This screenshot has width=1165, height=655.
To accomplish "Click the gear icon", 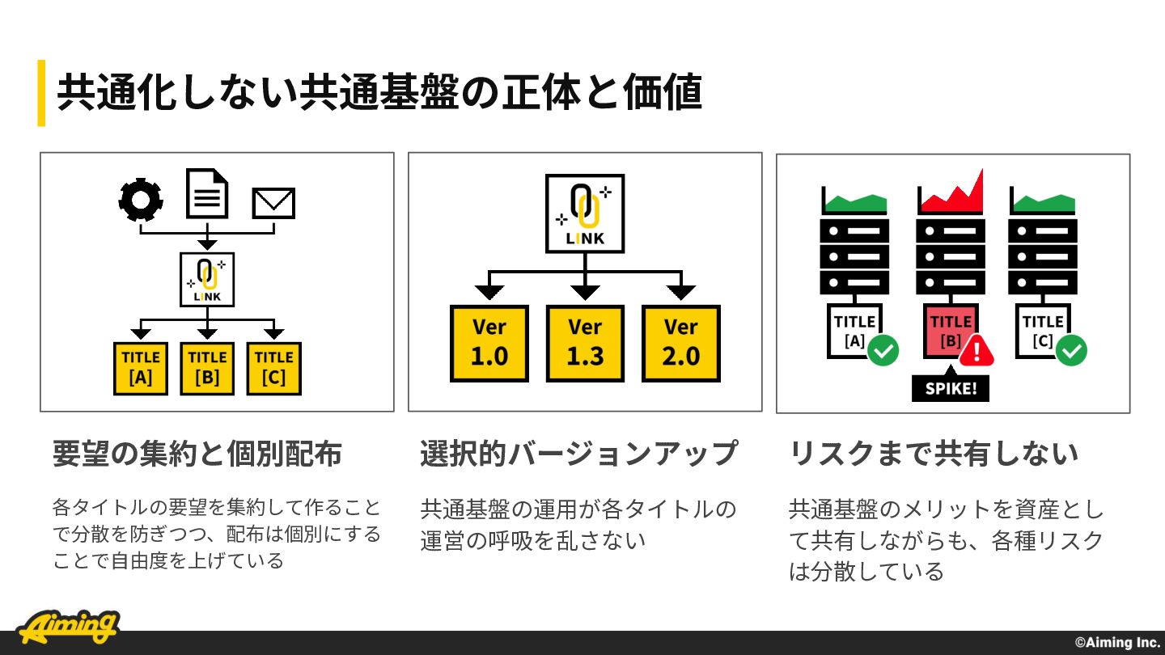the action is pyautogui.click(x=141, y=200).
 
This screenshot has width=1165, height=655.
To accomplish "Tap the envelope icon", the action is pyautogui.click(x=273, y=203).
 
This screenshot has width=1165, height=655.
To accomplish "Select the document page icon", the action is pyautogui.click(x=207, y=192).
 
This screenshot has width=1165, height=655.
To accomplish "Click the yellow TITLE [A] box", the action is pyautogui.click(x=141, y=369).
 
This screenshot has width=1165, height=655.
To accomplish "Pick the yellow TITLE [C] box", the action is pyautogui.click(x=274, y=369).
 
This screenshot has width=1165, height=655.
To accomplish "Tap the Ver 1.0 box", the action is pyautogui.click(x=489, y=344).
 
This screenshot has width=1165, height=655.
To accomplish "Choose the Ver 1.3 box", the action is pyautogui.click(x=585, y=344).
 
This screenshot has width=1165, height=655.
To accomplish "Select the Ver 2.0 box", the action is pyautogui.click(x=681, y=344).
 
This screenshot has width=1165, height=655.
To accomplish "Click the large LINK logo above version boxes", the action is pyautogui.click(x=585, y=213).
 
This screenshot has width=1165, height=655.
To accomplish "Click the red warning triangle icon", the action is pyautogui.click(x=976, y=350).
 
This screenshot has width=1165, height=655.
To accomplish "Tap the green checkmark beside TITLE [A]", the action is pyautogui.click(x=883, y=350).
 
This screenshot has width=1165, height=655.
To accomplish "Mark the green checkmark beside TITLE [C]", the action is pyautogui.click(x=1071, y=350).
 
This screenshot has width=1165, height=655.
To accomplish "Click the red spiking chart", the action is pyautogui.click(x=951, y=192).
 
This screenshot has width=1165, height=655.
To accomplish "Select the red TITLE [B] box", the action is pyautogui.click(x=951, y=332).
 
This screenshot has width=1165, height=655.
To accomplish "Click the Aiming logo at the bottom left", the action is pyautogui.click(x=68, y=627).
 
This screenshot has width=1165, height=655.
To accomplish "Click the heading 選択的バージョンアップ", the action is pyautogui.click(x=579, y=454).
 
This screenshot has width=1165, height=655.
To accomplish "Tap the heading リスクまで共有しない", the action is pyautogui.click(x=934, y=454).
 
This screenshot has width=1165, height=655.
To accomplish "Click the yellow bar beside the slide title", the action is pyautogui.click(x=41, y=93).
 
